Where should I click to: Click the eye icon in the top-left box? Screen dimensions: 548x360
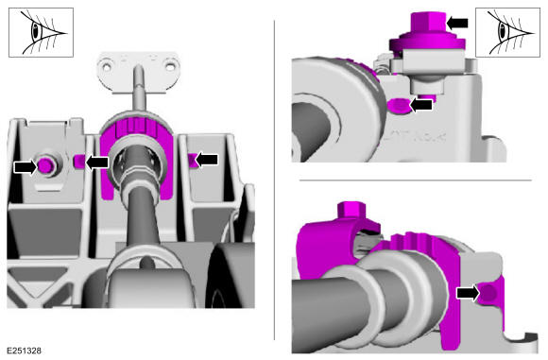pyautogui.click(x=41, y=32)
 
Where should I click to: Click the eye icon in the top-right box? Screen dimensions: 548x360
pyautogui.click(x=507, y=32)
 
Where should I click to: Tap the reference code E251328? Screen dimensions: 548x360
pyautogui.click(x=24, y=351)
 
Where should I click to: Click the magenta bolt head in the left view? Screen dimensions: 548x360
pyautogui.click(x=45, y=165)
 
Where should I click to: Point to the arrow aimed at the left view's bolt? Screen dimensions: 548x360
pyautogui.click(x=25, y=166)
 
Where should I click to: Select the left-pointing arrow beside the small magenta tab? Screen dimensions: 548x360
pyautogui.click(x=96, y=163)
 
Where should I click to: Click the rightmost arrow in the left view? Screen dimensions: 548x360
pyautogui.click(x=207, y=160)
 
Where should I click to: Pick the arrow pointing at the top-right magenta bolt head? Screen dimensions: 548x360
pyautogui.click(x=457, y=23)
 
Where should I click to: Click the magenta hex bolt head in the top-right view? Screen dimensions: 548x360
pyautogui.click(x=428, y=24)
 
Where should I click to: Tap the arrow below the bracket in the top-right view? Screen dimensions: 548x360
pyautogui.click(x=420, y=105)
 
